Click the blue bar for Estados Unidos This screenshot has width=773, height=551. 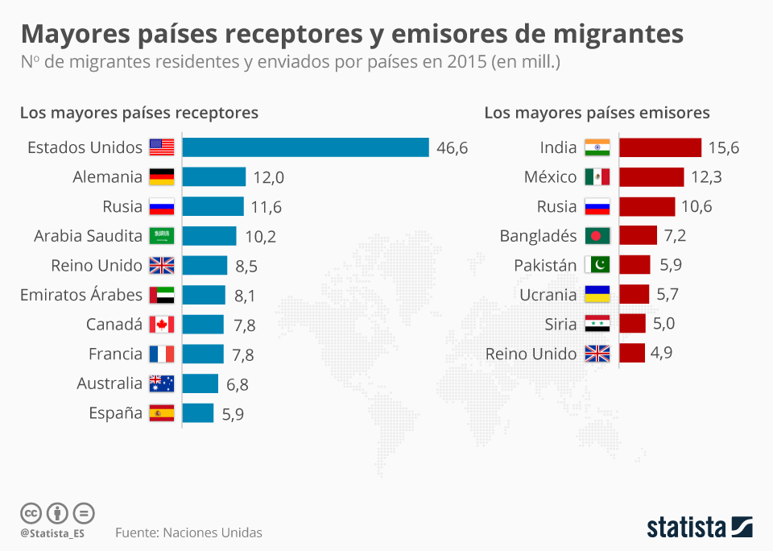pyautogui.click(x=306, y=147)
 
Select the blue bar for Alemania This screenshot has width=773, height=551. pyautogui.click(x=214, y=176)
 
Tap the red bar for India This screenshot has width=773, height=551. pyautogui.click(x=660, y=147)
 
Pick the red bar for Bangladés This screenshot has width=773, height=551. pyautogui.click(x=638, y=235)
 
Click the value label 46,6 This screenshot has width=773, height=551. pyautogui.click(x=452, y=148)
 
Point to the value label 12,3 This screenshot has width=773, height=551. pyautogui.click(x=706, y=177)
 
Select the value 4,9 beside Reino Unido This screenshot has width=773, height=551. pyautogui.click(x=661, y=353)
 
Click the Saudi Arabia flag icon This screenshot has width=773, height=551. pyautogui.click(x=162, y=236)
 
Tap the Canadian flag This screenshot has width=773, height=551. pyautogui.click(x=162, y=325)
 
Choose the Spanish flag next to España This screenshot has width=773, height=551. pyautogui.click(x=162, y=413)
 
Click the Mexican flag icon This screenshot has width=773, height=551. pyautogui.click(x=597, y=176)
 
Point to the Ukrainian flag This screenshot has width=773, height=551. pyautogui.click(x=597, y=295)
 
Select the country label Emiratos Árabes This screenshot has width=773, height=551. pyautogui.click(x=81, y=295)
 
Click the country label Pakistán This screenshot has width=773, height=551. pyautogui.click(x=545, y=265)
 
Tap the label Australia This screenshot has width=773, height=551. pyautogui.click(x=110, y=383)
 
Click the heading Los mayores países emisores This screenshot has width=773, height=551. pyautogui.click(x=597, y=113)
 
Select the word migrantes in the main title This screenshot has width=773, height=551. pyautogui.click(x=618, y=34)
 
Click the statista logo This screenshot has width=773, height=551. pyautogui.click(x=700, y=527)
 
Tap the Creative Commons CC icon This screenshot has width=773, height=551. pyautogui.click(x=31, y=513)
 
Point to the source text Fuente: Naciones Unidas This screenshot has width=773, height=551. pyautogui.click(x=188, y=532)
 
